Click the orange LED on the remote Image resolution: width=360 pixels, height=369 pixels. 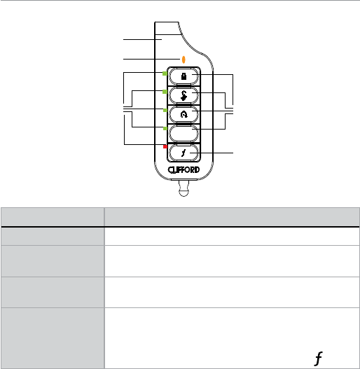click(184, 60)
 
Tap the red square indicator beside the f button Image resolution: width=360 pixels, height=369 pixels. click(165, 146)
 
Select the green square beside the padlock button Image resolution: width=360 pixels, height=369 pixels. click(165, 74)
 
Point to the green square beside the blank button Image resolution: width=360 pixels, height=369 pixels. click(165, 129)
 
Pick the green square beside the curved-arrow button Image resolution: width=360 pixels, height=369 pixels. click(165, 110)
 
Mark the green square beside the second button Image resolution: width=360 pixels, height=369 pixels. click(165, 92)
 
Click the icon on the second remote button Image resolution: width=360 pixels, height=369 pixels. click(184, 95)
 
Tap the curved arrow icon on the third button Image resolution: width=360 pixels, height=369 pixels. click(184, 114)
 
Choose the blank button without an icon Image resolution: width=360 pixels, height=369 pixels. click(184, 134)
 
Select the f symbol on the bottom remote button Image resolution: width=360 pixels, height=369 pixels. click(184, 153)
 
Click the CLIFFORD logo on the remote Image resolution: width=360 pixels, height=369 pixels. click(184, 170)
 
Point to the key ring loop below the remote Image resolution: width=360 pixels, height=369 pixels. click(184, 188)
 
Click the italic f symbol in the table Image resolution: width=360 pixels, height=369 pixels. click(319, 358)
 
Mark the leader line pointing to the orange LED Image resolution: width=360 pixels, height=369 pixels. click(151, 59)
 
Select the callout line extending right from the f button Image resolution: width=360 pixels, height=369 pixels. click(212, 153)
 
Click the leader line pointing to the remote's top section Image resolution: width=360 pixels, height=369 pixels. click(142, 39)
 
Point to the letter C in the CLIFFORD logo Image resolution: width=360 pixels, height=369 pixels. click(170, 170)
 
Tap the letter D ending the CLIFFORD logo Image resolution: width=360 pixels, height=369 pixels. click(197, 169)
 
